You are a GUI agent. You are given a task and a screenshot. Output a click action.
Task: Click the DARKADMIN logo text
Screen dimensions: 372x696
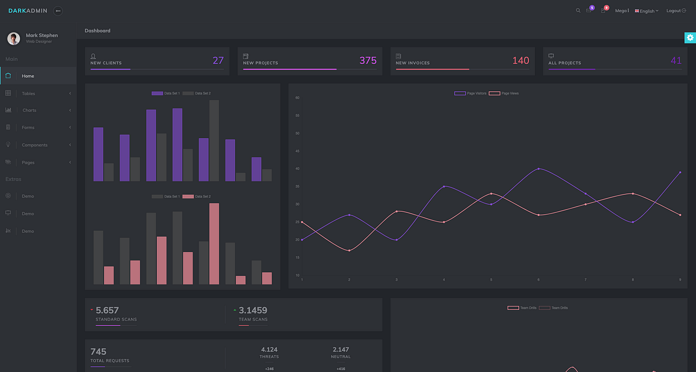click(28, 10)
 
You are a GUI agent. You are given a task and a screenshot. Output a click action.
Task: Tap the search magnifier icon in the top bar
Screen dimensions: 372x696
click(578, 10)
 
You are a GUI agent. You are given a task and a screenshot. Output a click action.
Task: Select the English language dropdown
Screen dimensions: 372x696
click(647, 11)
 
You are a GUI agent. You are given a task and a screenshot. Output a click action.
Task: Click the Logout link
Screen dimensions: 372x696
click(676, 10)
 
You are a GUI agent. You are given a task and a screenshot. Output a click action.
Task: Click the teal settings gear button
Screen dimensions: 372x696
click(690, 38)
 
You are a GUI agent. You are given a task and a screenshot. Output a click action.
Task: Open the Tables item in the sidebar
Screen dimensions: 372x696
click(28, 93)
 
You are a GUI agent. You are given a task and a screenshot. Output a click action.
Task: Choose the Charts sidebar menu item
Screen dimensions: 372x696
click(29, 110)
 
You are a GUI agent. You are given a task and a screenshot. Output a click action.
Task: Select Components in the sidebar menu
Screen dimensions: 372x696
click(35, 145)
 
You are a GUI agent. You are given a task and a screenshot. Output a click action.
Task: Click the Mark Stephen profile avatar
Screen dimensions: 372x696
click(13, 38)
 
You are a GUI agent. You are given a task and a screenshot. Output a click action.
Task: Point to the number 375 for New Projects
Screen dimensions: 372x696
click(368, 60)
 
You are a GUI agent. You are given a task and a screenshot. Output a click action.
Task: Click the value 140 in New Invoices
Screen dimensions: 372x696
click(520, 60)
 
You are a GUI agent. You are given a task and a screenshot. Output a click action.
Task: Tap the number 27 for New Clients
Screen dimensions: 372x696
click(218, 60)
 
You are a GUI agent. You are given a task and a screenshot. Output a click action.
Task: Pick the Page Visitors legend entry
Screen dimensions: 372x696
click(470, 93)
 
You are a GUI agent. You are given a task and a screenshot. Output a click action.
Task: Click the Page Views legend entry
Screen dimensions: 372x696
click(504, 93)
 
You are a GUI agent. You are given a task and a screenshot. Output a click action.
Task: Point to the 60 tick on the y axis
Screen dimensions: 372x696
click(297, 97)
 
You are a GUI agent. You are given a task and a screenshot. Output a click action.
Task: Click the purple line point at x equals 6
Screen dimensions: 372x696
click(539, 169)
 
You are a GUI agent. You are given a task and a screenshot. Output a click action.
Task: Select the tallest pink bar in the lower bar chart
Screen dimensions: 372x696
click(214, 243)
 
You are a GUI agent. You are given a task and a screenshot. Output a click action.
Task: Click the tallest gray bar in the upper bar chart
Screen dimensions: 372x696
click(214, 140)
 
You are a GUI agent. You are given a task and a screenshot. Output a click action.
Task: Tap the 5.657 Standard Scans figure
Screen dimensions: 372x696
click(107, 310)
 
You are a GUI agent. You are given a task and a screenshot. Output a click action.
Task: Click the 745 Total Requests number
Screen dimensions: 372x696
click(98, 352)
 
